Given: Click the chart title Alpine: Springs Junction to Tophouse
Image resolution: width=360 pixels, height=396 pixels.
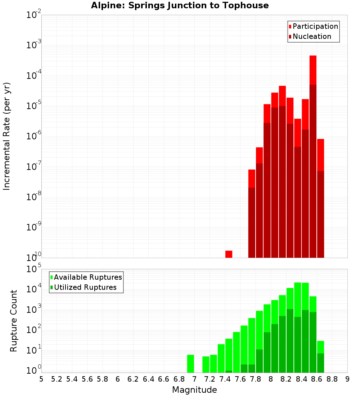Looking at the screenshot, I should pyautogui.click(x=180, y=5).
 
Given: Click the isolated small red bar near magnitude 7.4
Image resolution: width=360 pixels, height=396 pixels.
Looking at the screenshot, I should pyautogui.click(x=229, y=254).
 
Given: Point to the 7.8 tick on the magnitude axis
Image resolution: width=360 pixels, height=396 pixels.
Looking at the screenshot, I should pyautogui.click(x=256, y=379).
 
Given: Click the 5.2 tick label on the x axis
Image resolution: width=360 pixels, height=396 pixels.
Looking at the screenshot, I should pyautogui.click(x=57, y=379).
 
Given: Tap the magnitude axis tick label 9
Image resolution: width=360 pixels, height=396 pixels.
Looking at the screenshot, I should pyautogui.click(x=347, y=379).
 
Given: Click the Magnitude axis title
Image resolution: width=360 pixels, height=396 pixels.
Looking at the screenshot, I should pyautogui.click(x=194, y=390).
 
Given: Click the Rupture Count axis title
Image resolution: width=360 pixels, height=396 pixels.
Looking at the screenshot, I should pyautogui.click(x=14, y=320).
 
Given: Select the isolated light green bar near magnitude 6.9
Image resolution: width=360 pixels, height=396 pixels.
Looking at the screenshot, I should pyautogui.click(x=190, y=364).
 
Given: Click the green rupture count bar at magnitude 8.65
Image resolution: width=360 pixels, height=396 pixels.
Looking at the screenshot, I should pyautogui.click(x=320, y=356).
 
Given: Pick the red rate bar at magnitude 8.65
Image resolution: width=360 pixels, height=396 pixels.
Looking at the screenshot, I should pyautogui.click(x=320, y=198).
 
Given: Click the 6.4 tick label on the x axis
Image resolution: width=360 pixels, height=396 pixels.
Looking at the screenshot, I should pyautogui.click(x=148, y=379).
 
